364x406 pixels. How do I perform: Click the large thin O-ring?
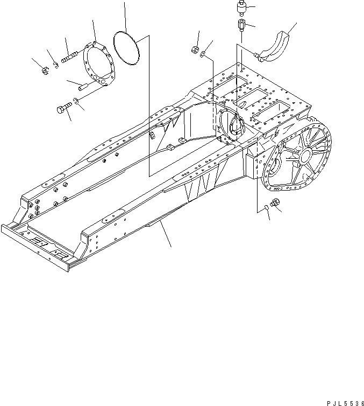tap(127, 50)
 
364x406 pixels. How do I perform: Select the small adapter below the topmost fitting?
tap(240, 25)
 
